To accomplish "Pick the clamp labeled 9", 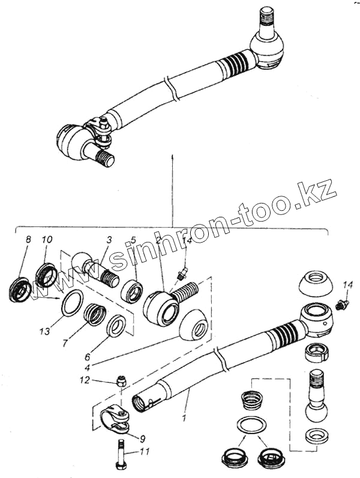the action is tap(117, 418).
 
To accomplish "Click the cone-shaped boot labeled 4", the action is tap(194, 326).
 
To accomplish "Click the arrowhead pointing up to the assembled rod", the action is tap(172, 157).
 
